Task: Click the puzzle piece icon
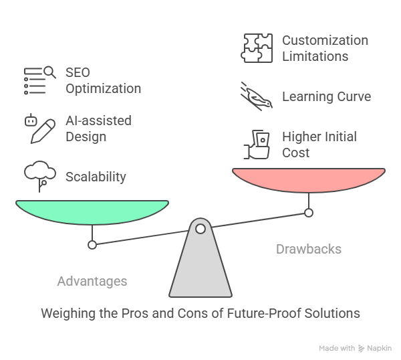click(257, 48)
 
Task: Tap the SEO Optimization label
click(104, 81)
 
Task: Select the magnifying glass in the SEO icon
click(49, 72)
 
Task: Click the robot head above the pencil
click(31, 120)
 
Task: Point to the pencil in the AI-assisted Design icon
click(43, 131)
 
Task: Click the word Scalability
click(96, 177)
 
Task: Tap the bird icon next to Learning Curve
click(257, 96)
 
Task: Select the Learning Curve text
click(327, 96)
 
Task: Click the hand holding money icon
click(257, 145)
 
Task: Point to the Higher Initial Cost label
click(319, 145)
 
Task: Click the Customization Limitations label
click(325, 48)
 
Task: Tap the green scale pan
click(92, 212)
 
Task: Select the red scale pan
click(309, 180)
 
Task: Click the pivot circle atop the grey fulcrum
click(200, 229)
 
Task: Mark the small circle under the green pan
click(92, 245)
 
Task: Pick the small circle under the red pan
click(309, 213)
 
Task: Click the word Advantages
click(92, 282)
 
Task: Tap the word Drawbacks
click(309, 249)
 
